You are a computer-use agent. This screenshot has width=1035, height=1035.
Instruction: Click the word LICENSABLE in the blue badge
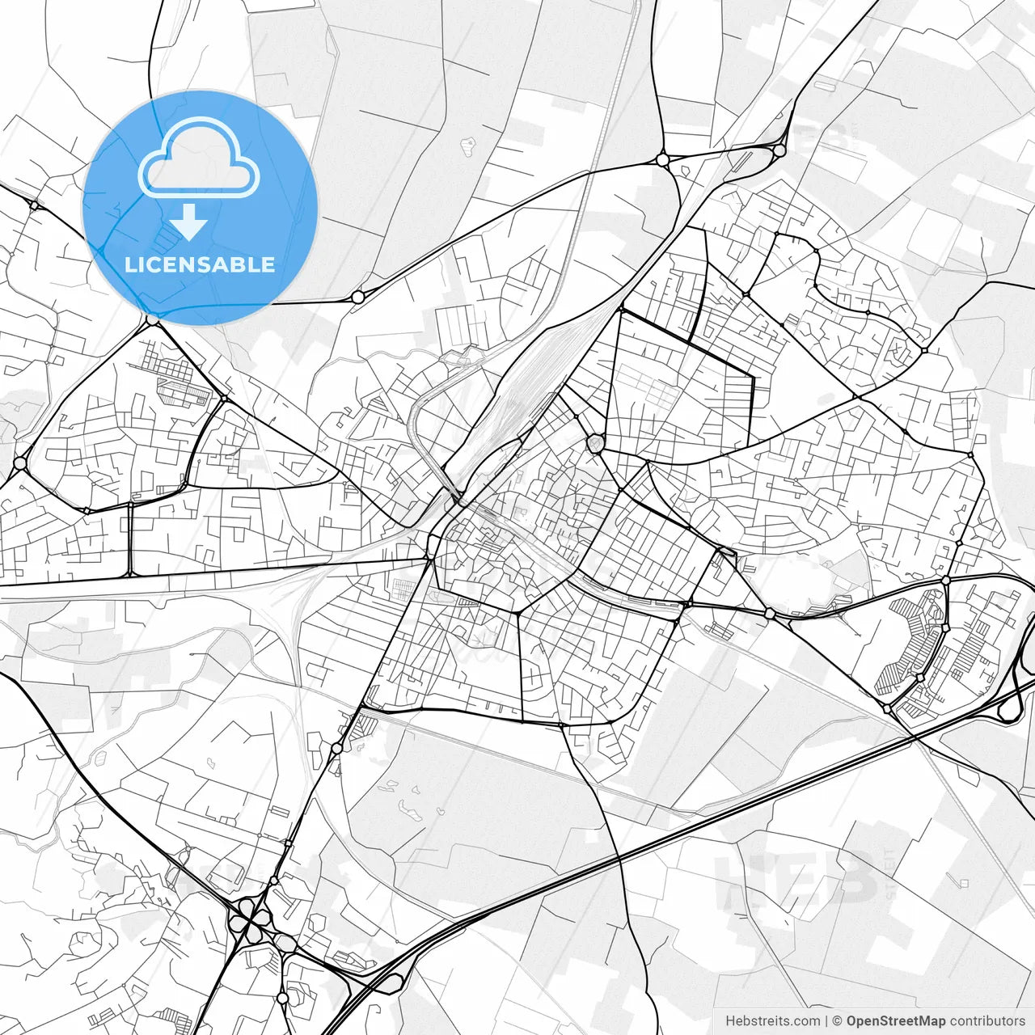coord(200,264)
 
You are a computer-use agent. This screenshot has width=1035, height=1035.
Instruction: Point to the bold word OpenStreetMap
coord(896,1021)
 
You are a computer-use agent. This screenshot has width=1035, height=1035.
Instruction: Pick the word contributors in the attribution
coord(987,1021)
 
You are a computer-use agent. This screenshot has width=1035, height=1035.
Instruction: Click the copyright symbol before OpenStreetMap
coord(838,1021)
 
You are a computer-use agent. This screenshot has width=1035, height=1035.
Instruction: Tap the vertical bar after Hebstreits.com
coord(827,1021)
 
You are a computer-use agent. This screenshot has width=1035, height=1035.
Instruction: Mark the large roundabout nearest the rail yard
coord(596,442)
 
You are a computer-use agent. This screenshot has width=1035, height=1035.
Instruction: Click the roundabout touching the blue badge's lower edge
coord(152,320)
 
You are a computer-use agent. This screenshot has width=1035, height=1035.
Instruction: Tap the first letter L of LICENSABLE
coord(130,264)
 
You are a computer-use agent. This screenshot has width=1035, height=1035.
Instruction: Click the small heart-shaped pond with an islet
coord(467,146)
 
